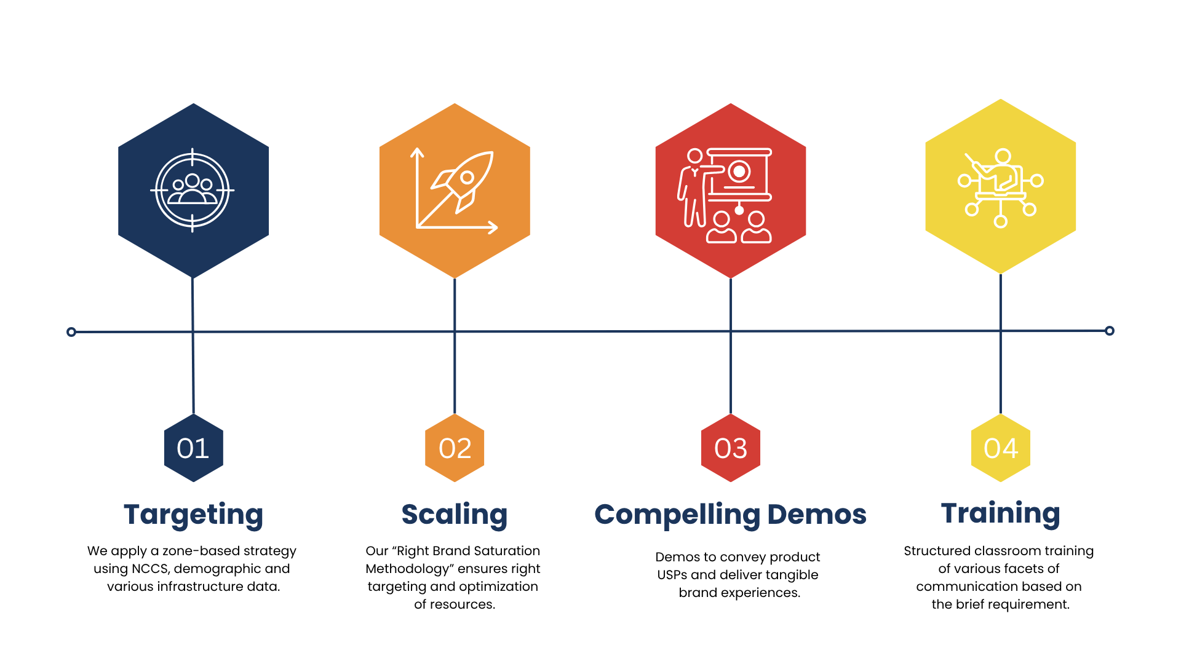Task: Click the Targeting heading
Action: [x=193, y=515]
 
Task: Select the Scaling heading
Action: [x=455, y=515]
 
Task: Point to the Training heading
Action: [x=1001, y=513]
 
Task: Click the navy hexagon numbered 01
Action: [x=193, y=448]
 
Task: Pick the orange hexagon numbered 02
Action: [x=455, y=448]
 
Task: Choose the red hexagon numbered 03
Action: [x=731, y=448]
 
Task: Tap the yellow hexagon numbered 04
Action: [x=1001, y=448]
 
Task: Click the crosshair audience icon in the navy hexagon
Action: [x=193, y=191]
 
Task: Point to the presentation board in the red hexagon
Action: [x=740, y=175]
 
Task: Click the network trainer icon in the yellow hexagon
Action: [x=1001, y=187]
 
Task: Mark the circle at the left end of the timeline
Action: [x=71, y=332]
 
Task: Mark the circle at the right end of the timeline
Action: [x=1110, y=331]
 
